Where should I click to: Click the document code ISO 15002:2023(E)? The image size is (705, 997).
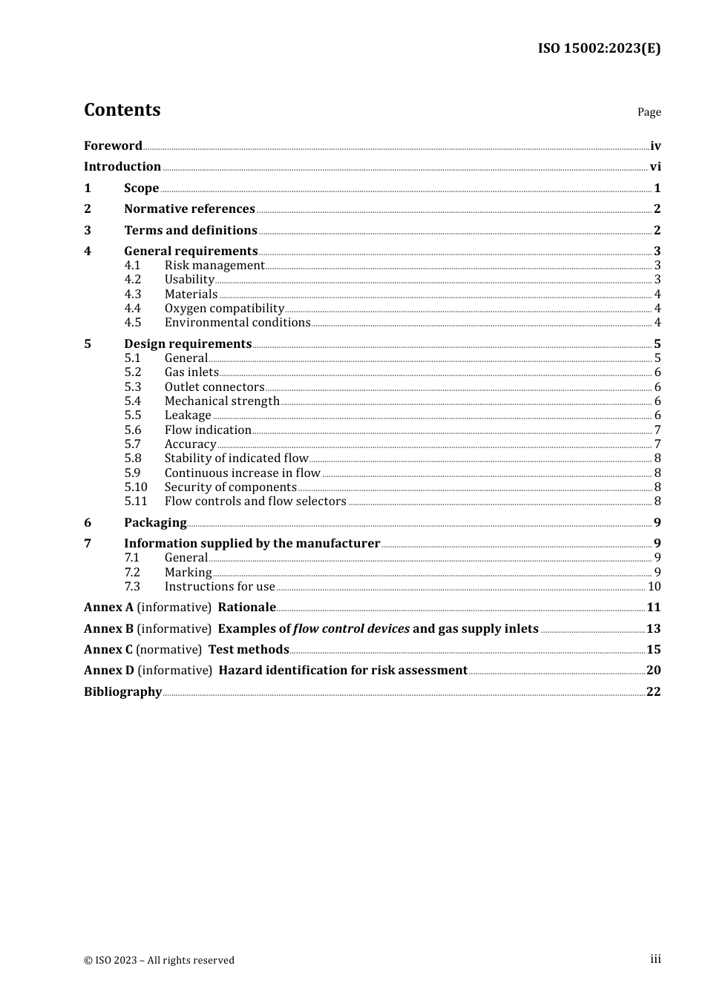click(x=599, y=48)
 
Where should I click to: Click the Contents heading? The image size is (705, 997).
click(x=122, y=110)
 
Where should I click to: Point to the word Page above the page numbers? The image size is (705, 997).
click(x=649, y=112)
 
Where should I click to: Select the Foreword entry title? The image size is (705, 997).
click(x=113, y=146)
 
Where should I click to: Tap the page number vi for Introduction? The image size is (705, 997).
click(x=655, y=167)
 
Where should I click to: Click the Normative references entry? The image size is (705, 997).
click(x=189, y=209)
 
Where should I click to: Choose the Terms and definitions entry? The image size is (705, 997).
click(x=191, y=231)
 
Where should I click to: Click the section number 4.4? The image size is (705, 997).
click(x=132, y=309)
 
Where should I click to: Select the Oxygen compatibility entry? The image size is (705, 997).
click(x=224, y=309)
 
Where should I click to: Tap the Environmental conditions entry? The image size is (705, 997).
click(x=237, y=323)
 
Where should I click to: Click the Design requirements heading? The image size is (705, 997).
click(x=188, y=344)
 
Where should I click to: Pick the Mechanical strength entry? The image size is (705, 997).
click(x=222, y=401)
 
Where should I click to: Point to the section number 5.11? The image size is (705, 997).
click(x=136, y=501)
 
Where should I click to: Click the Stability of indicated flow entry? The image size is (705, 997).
click(x=236, y=458)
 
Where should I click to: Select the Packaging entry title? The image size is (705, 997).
click(x=155, y=523)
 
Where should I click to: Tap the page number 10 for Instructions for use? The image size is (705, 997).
click(x=654, y=587)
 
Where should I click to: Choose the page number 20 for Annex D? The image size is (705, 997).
click(x=653, y=671)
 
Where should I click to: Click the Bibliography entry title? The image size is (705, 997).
click(x=122, y=692)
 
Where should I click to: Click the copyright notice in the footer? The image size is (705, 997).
click(x=159, y=960)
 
